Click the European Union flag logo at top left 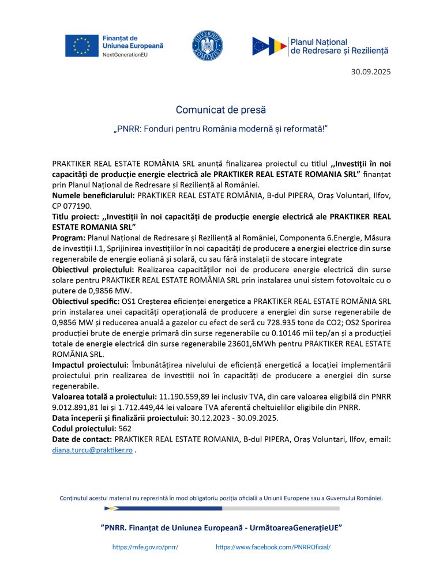point(81,46)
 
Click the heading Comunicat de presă point(221,110)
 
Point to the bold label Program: point(69,238)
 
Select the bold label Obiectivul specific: point(86,300)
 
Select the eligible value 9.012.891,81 point(78,407)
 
